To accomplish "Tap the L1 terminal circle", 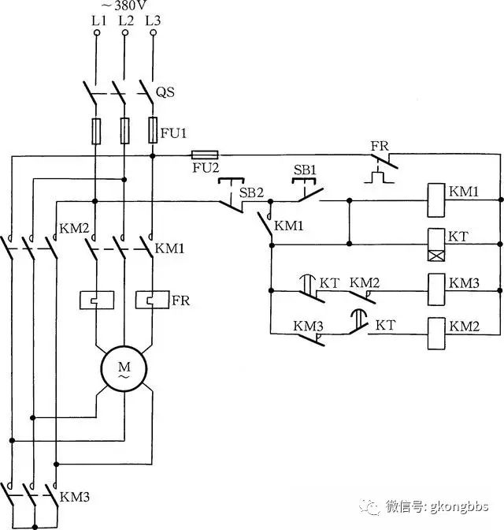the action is click(x=97, y=33).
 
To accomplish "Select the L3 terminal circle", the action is click(x=154, y=33).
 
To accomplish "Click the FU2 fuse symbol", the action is click(x=205, y=155).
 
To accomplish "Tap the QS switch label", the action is click(x=165, y=92).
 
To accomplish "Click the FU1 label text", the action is click(x=173, y=133).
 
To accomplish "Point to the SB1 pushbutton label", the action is click(x=305, y=170).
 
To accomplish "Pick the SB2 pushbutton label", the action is click(x=251, y=192).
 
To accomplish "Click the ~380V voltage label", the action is click(x=124, y=6).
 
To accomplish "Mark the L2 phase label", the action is click(x=126, y=21).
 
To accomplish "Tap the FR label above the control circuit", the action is click(x=380, y=147).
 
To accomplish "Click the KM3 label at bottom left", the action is click(x=75, y=497).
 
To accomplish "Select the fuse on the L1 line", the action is click(x=96, y=132).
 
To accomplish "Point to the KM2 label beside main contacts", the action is click(x=74, y=229).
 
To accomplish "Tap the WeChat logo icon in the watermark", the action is click(x=369, y=506).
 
